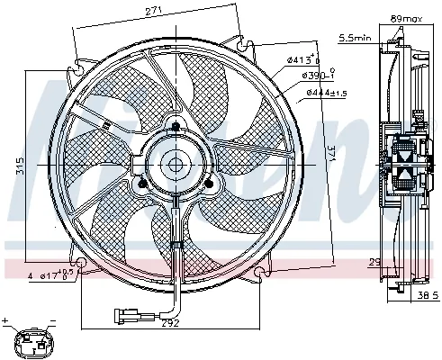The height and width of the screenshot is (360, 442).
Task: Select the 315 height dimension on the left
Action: pos(19,166)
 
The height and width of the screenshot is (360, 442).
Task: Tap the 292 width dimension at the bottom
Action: pos(172,321)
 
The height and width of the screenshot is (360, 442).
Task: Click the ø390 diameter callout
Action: pos(319,76)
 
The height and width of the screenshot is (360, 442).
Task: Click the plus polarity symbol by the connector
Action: pos(7,320)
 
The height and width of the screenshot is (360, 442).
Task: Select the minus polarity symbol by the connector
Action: pos(51,320)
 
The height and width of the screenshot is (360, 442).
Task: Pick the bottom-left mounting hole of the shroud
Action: pos(80,265)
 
